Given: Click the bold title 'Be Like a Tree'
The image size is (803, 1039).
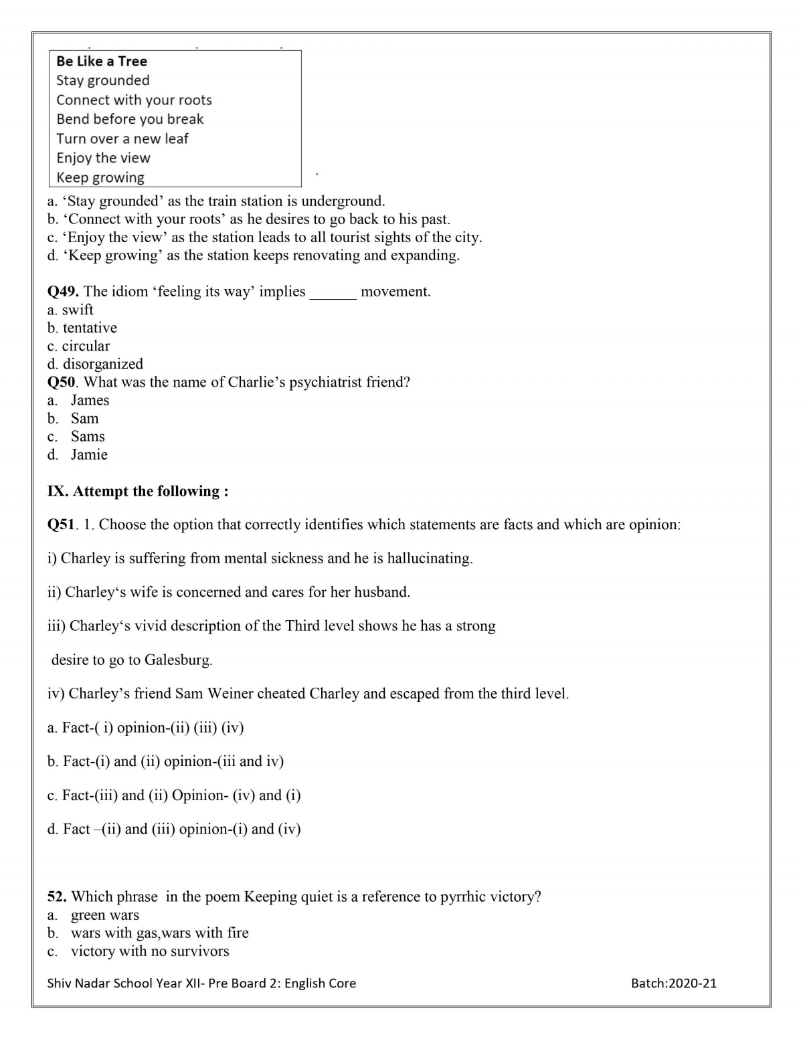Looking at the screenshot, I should [x=102, y=61].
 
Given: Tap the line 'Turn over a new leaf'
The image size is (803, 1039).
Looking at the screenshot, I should [x=122, y=138].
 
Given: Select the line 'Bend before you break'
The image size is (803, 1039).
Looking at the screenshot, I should [x=130, y=119].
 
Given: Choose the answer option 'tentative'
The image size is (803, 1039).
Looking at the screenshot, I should [x=90, y=328].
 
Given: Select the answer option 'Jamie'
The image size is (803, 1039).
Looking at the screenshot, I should [x=89, y=455].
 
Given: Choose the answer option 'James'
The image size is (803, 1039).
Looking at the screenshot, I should [x=90, y=400].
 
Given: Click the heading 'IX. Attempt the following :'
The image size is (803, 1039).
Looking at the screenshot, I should [x=138, y=491].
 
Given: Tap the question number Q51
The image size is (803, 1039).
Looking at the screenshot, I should [x=62, y=525].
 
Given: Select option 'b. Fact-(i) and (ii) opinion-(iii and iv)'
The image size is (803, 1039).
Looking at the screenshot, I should [x=165, y=761].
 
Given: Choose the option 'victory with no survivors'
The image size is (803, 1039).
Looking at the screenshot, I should [x=150, y=951].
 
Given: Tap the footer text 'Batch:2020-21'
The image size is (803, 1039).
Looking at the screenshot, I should [x=673, y=983].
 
